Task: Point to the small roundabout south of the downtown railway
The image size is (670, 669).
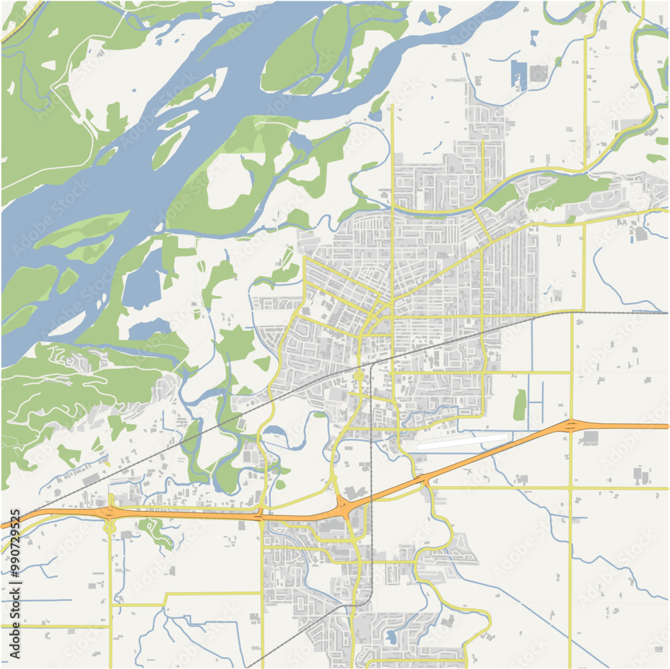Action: pos(360,376)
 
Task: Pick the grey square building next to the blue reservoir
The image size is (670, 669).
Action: pos(538,73)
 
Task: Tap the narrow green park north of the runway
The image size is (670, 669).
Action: pos(520,405)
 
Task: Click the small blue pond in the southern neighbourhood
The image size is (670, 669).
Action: pos(389,636)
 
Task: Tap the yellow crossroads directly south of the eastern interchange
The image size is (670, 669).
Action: pos(570,488)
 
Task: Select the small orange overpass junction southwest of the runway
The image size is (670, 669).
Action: pos(423,480)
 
